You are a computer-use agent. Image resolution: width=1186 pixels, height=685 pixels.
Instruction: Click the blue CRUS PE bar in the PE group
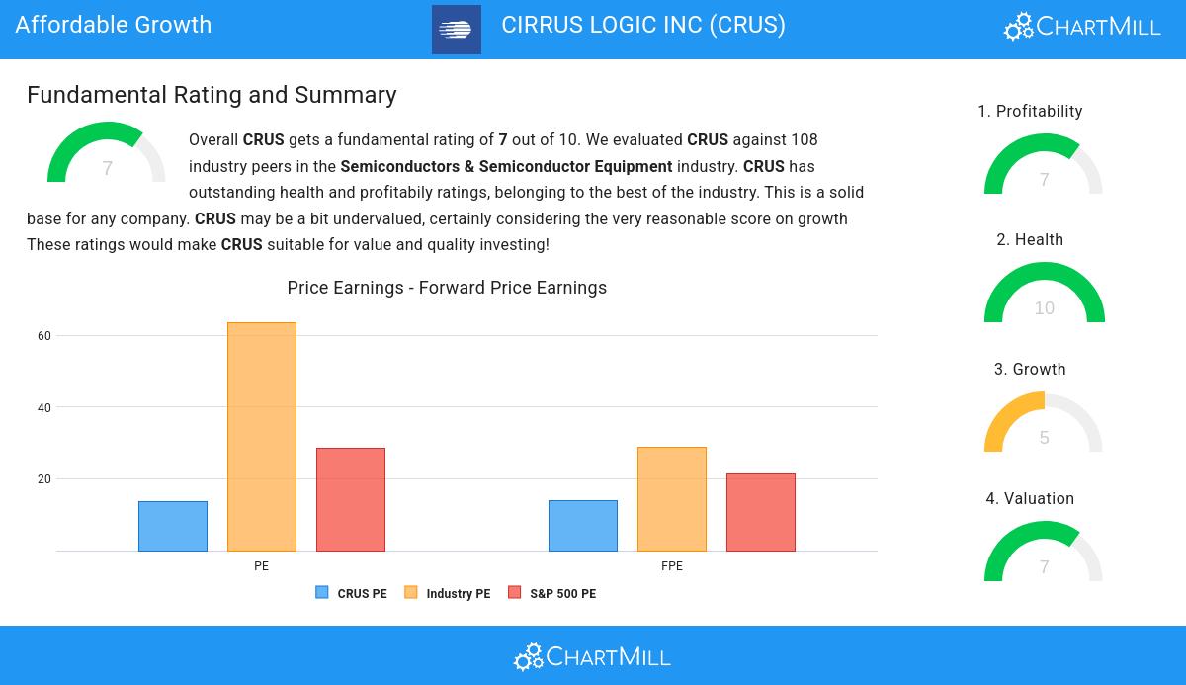click(173, 526)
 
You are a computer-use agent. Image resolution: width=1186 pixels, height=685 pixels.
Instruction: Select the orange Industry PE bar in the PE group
click(262, 437)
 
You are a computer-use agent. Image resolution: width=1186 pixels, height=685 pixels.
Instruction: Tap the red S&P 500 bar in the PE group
click(351, 499)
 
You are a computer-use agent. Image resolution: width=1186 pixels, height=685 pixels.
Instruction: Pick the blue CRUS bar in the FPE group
click(583, 526)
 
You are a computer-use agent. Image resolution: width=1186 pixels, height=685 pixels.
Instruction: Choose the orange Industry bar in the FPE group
click(672, 499)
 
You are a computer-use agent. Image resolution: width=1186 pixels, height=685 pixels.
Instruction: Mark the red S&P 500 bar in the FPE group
click(761, 512)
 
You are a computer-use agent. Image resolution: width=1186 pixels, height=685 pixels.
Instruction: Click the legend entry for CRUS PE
click(352, 594)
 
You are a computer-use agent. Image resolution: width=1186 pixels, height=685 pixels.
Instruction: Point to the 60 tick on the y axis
click(44, 336)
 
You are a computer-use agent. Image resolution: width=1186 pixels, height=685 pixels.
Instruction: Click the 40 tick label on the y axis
click(44, 407)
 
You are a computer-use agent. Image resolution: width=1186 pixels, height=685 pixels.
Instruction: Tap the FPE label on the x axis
click(672, 566)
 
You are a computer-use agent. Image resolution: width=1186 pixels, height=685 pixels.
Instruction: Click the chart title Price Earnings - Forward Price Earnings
click(447, 288)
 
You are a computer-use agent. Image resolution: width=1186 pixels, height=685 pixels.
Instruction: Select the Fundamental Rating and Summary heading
click(212, 95)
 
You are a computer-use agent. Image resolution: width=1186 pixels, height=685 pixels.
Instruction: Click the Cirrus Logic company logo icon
click(457, 30)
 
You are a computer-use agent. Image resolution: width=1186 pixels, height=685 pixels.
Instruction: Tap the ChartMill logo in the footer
click(592, 656)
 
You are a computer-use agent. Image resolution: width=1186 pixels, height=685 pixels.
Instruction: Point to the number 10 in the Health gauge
click(1044, 308)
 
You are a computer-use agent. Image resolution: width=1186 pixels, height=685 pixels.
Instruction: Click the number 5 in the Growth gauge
click(1044, 438)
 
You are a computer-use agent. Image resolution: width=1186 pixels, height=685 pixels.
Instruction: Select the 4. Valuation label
click(1030, 499)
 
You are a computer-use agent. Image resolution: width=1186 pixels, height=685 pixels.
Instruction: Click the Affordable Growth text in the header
click(114, 25)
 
